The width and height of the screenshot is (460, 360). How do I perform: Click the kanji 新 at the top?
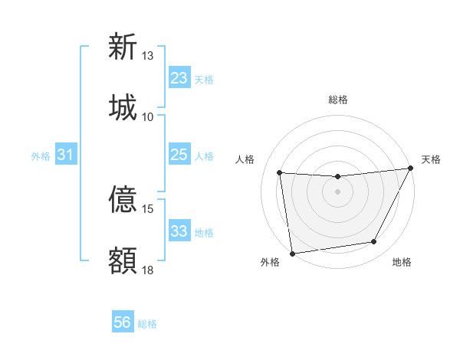123,47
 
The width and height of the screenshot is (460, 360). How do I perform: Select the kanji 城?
123,106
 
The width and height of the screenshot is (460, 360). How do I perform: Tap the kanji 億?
123,200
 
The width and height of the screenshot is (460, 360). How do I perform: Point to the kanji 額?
123,260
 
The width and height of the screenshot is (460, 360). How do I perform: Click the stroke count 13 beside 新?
148,56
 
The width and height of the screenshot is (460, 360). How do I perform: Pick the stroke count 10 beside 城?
148,116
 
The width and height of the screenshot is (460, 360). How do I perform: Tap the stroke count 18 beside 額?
148,270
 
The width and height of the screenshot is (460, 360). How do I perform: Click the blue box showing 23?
179,78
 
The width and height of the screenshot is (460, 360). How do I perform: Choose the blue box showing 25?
179,155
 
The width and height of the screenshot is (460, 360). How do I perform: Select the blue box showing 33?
179,231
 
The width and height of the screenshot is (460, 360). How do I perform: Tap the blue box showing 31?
66,155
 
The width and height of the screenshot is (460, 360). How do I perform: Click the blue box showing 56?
123,322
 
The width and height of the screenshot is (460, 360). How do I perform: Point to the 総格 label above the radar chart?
337,100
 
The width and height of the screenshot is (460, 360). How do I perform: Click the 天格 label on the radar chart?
431,160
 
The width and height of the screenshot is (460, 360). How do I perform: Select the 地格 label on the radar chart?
402,262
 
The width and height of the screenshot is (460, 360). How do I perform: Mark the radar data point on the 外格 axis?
292,253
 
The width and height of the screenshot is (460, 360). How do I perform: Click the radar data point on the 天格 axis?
411,169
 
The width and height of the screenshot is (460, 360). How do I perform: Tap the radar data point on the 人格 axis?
280,173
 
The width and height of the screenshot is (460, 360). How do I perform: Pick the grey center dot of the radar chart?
337,191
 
